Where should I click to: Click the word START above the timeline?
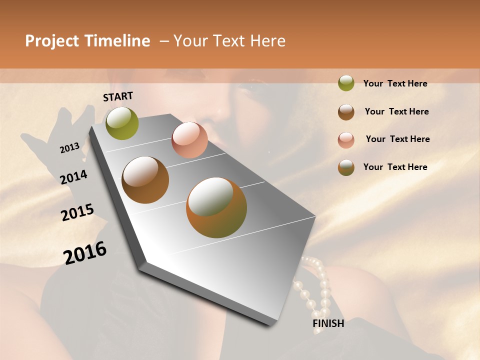click(118, 96)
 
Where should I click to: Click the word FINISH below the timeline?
click(328, 323)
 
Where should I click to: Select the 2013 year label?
click(69, 148)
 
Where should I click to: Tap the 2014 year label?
click(74, 177)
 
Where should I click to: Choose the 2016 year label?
click(85, 253)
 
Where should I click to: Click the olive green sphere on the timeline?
click(122, 123)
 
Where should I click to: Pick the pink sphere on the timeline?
click(189, 140)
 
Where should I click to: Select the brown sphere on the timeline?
click(145, 180)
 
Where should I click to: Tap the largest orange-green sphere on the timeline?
click(216, 207)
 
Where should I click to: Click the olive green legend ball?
click(346, 83)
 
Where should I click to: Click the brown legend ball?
click(346, 112)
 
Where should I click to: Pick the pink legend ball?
click(346, 140)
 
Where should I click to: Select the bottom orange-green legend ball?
click(346, 167)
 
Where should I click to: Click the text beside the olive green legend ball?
click(395, 83)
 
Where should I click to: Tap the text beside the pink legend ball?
click(397, 139)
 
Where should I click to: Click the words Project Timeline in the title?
click(87, 41)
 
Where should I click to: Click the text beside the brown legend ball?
click(396, 111)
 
